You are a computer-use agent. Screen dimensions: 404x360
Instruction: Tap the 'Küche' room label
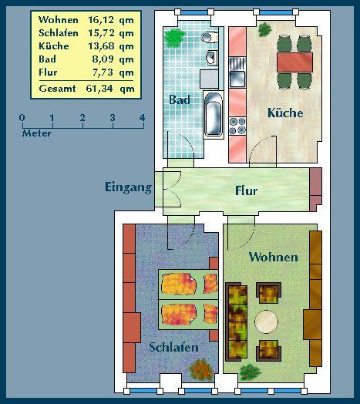[284, 113]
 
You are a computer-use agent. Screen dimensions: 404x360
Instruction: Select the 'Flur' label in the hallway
[246, 191]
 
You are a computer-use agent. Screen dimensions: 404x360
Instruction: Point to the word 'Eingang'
[128, 187]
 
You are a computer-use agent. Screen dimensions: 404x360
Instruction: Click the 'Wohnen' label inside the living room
[273, 257]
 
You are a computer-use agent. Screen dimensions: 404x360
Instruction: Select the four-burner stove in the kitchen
[237, 126]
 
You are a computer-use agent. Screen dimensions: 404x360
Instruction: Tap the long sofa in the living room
[236, 322]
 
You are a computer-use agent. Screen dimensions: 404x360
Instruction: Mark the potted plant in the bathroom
[174, 35]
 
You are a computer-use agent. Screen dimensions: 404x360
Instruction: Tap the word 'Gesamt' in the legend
[56, 89]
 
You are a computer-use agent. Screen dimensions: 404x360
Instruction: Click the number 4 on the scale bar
[142, 117]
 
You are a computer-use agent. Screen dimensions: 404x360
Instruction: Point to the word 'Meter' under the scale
[36, 132]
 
